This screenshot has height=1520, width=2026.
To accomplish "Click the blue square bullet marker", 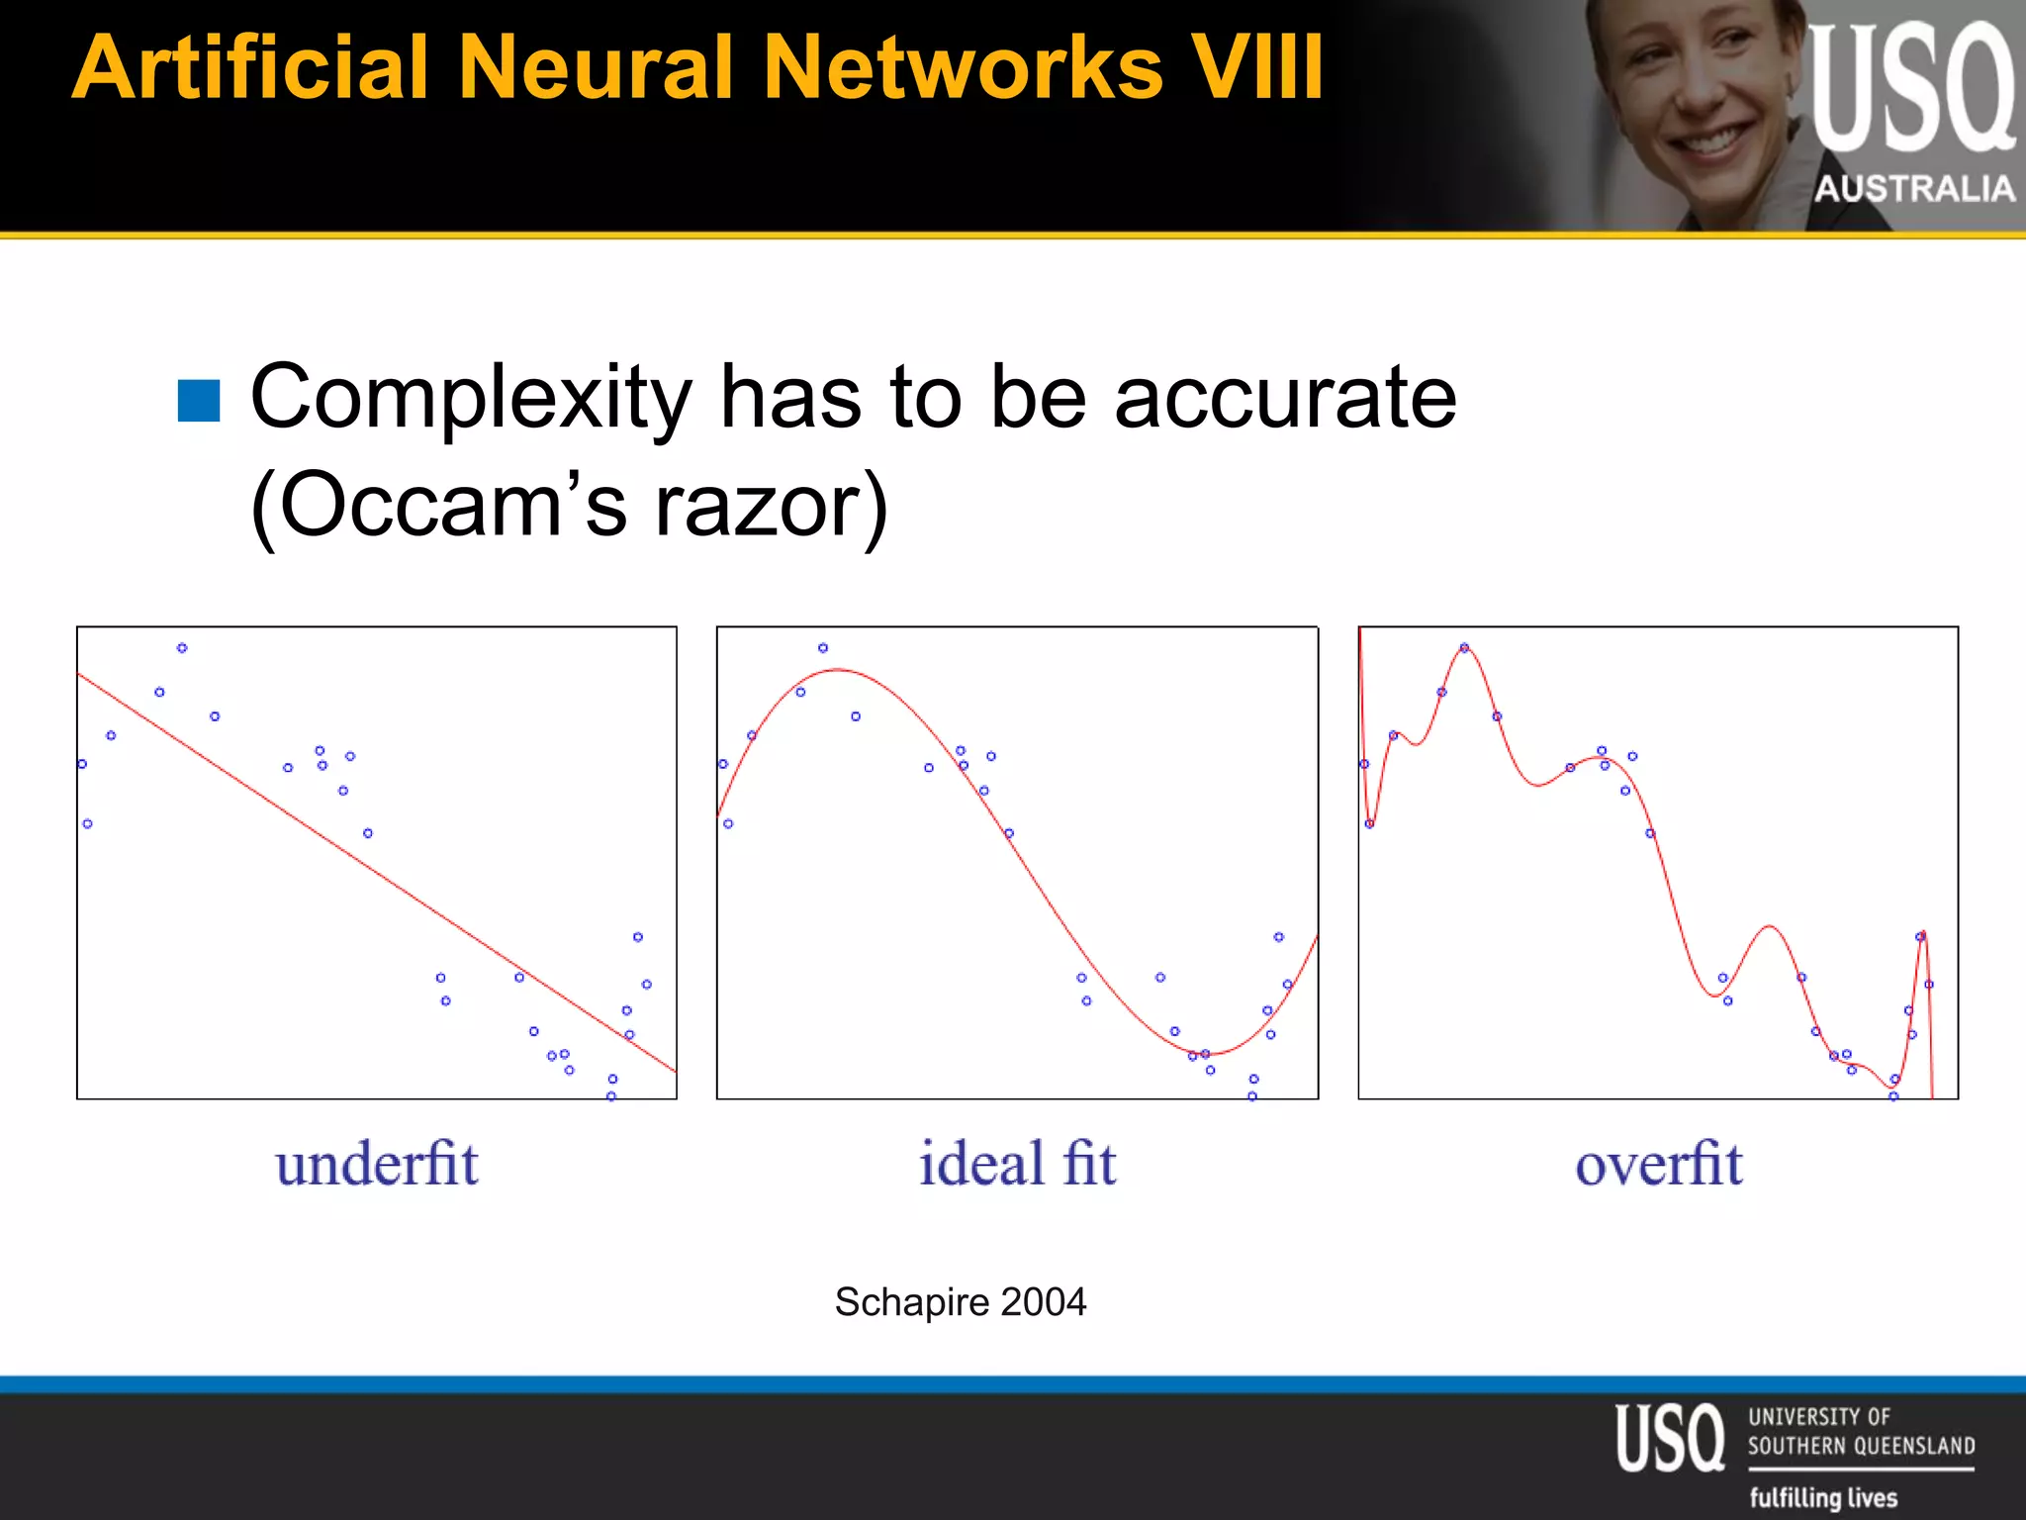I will click(199, 401).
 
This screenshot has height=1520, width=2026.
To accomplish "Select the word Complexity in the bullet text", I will click(471, 399).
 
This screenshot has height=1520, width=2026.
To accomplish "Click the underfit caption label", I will click(377, 1164).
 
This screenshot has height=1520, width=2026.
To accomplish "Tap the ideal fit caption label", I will click(1018, 1164).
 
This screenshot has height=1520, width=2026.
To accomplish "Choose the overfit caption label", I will click(1659, 1164).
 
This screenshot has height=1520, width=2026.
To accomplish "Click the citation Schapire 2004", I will click(961, 1302).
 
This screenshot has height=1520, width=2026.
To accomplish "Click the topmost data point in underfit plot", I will click(182, 648).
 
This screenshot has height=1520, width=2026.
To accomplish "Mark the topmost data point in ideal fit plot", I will click(823, 648).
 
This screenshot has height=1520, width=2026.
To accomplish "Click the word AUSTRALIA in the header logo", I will click(1914, 189).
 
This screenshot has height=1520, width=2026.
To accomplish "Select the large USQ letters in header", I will click(1911, 89).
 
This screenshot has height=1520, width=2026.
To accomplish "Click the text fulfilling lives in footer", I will click(1823, 1497).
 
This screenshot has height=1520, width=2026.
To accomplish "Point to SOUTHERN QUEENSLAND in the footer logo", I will click(1861, 1446).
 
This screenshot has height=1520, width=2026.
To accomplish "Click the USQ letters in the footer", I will click(1670, 1438).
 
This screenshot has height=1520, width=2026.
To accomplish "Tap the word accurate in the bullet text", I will click(1285, 399).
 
